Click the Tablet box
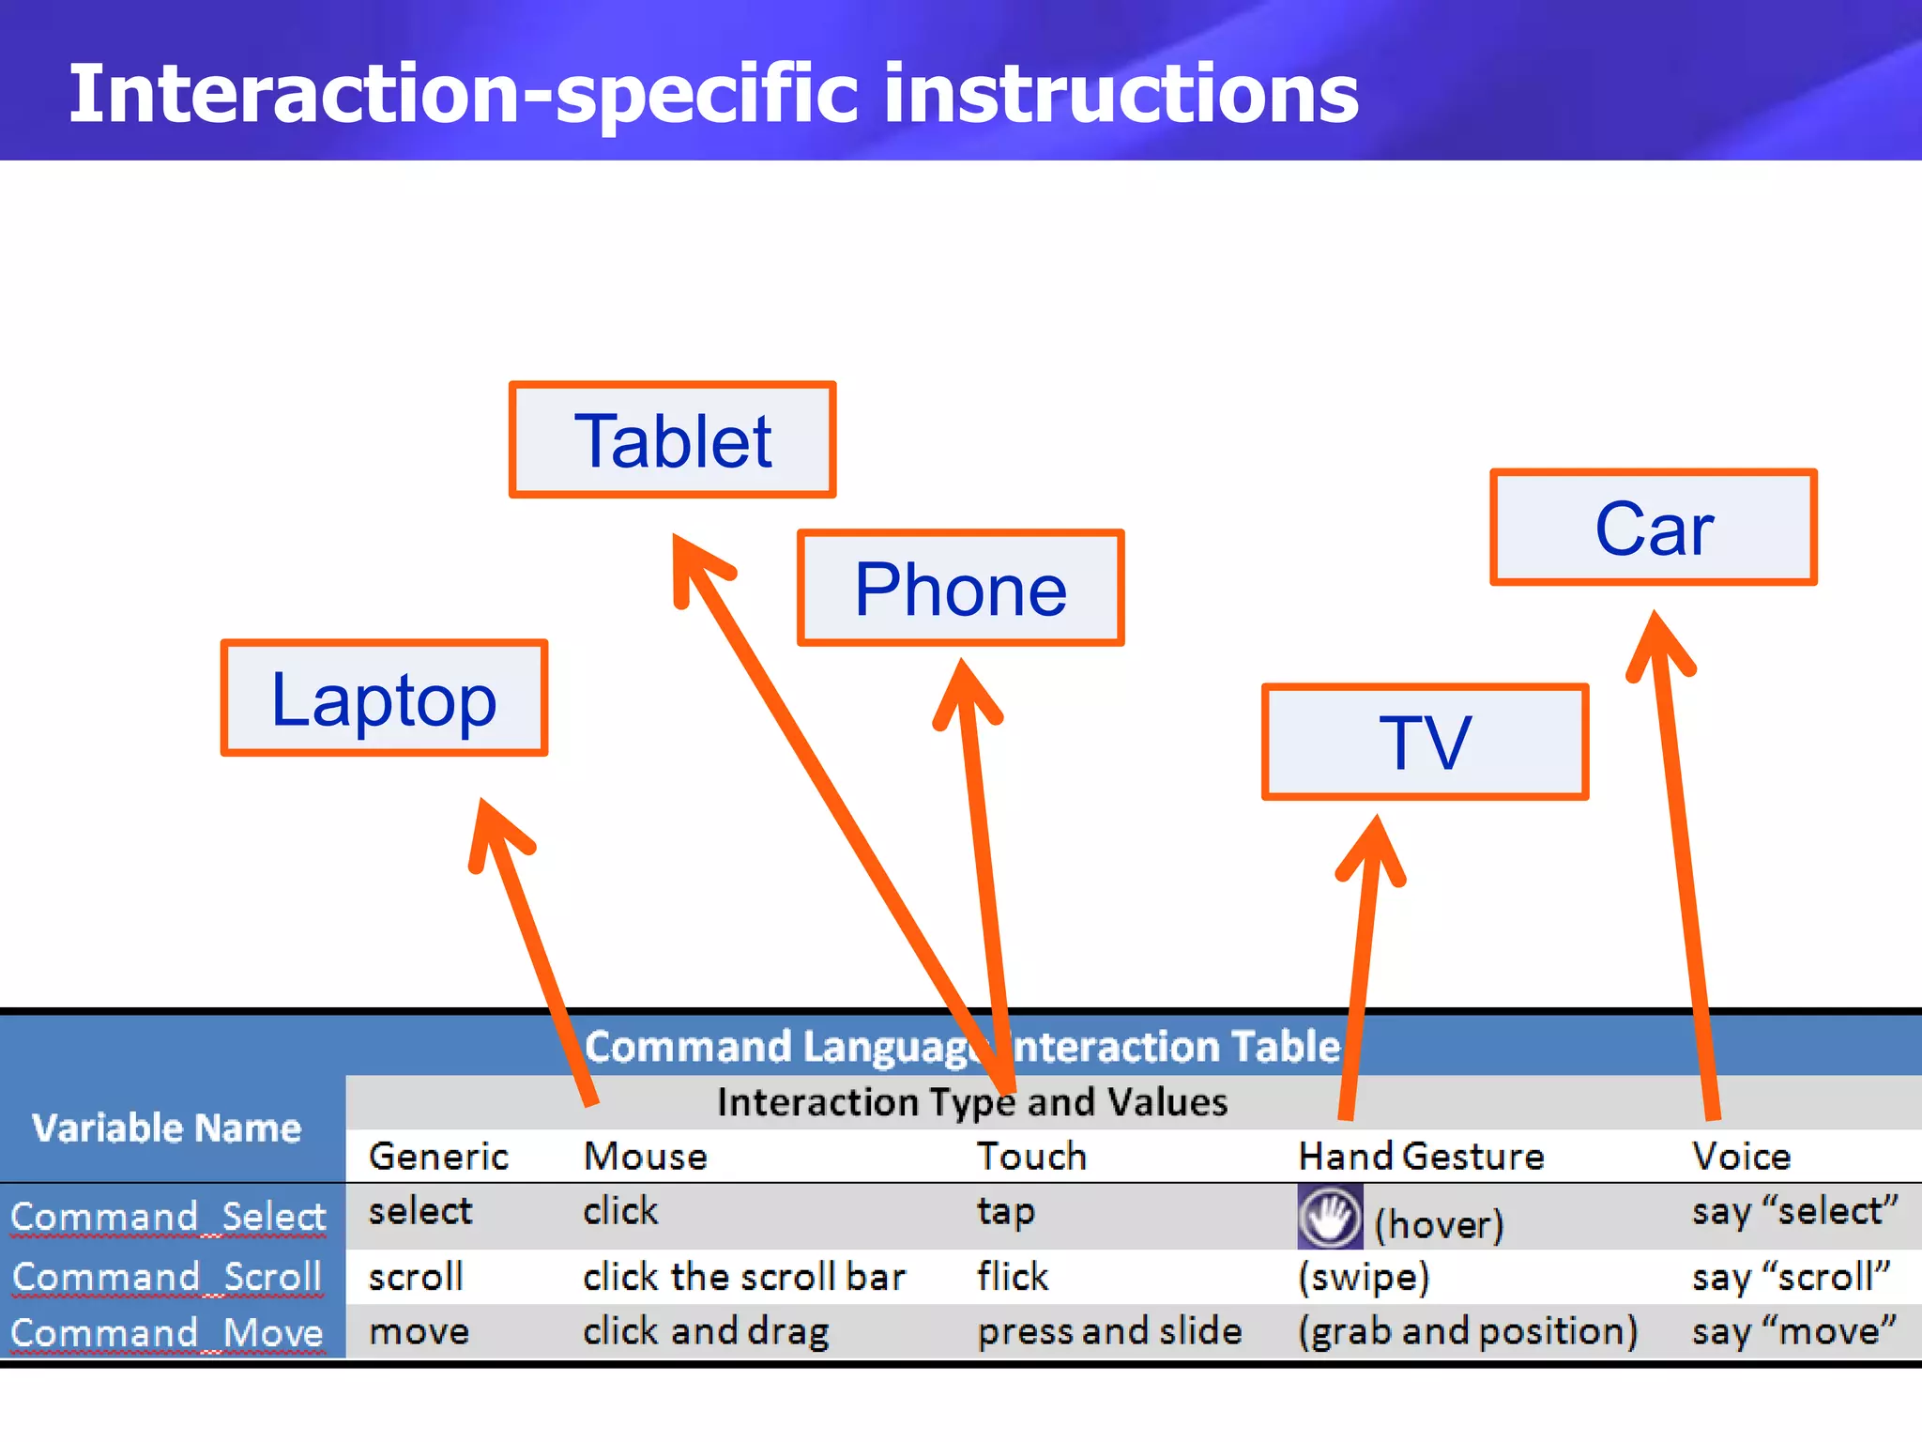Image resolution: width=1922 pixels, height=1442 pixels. tap(672, 439)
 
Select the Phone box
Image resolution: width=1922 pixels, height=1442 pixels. tap(960, 588)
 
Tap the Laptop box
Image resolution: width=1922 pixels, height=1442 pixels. tap(384, 698)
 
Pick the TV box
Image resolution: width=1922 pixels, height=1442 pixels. tap(1425, 742)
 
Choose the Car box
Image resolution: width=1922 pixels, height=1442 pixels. tap(1654, 527)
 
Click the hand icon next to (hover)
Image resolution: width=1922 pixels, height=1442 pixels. tap(1330, 1218)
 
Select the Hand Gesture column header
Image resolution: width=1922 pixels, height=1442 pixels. tap(1420, 1156)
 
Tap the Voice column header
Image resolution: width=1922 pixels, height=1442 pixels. tap(1741, 1156)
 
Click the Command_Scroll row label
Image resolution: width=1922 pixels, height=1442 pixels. tap(168, 1277)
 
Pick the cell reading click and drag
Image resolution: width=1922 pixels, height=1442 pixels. tap(706, 1331)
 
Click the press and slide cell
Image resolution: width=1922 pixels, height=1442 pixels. tap(1109, 1331)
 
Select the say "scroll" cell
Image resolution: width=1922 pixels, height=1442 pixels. tap(1791, 1277)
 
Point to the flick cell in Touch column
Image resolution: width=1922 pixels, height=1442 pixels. tap(1012, 1277)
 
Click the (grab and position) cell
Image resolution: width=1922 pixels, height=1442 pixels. tap(1467, 1331)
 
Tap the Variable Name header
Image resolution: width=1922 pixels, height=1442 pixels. tap(167, 1128)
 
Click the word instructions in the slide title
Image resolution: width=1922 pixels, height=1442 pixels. tap(1121, 94)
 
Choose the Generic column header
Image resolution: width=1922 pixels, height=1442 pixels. tap(438, 1156)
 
